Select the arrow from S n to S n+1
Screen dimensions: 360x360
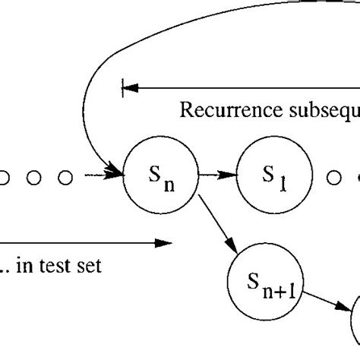pos(219,225)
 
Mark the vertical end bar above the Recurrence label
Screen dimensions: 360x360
pos(122,87)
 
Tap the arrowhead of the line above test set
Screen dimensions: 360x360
pos(164,243)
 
